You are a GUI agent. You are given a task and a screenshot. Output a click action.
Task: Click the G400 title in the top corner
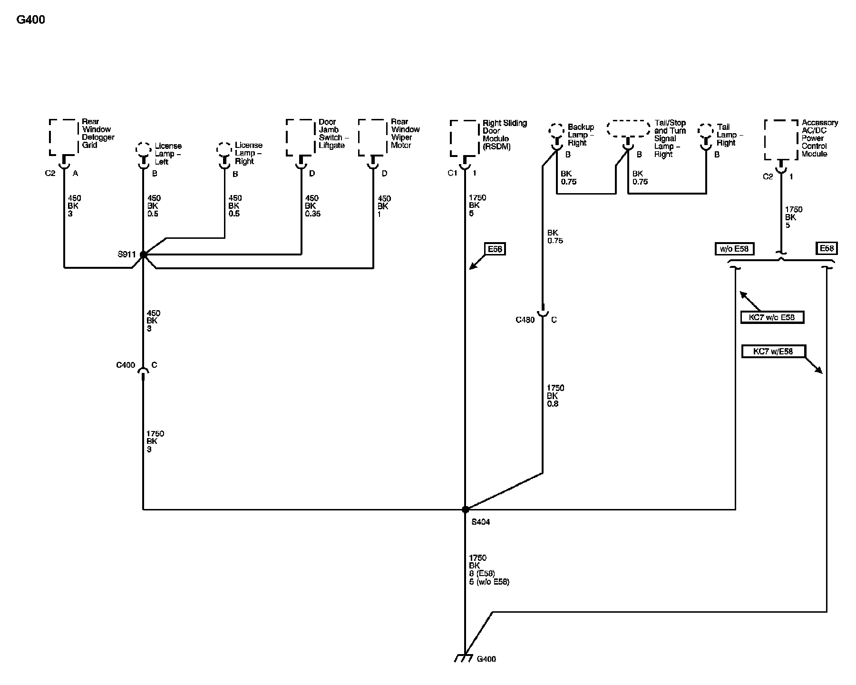click(30, 20)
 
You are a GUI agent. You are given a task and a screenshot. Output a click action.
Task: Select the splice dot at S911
click(143, 255)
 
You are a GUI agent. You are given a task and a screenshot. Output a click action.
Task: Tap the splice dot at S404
click(465, 509)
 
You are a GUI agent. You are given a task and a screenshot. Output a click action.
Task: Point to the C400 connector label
click(126, 365)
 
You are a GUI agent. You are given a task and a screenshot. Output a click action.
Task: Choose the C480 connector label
click(525, 320)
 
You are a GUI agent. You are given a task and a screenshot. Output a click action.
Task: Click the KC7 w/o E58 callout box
click(772, 317)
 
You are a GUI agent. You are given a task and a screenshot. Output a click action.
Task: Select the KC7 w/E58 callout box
click(773, 352)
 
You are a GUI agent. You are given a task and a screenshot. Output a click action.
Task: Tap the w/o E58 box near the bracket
click(734, 249)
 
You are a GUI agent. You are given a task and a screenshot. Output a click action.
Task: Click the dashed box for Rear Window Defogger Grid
click(63, 137)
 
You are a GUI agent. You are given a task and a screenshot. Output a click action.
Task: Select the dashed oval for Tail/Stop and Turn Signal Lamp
click(628, 129)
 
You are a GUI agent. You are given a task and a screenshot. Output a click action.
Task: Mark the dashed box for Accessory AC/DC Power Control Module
click(781, 139)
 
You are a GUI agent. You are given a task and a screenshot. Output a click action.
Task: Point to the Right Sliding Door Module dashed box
click(464, 138)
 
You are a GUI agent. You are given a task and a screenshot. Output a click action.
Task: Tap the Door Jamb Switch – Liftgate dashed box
click(301, 137)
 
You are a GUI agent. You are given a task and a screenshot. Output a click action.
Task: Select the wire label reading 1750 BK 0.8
click(554, 396)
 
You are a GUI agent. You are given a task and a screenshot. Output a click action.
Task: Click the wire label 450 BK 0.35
click(312, 206)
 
